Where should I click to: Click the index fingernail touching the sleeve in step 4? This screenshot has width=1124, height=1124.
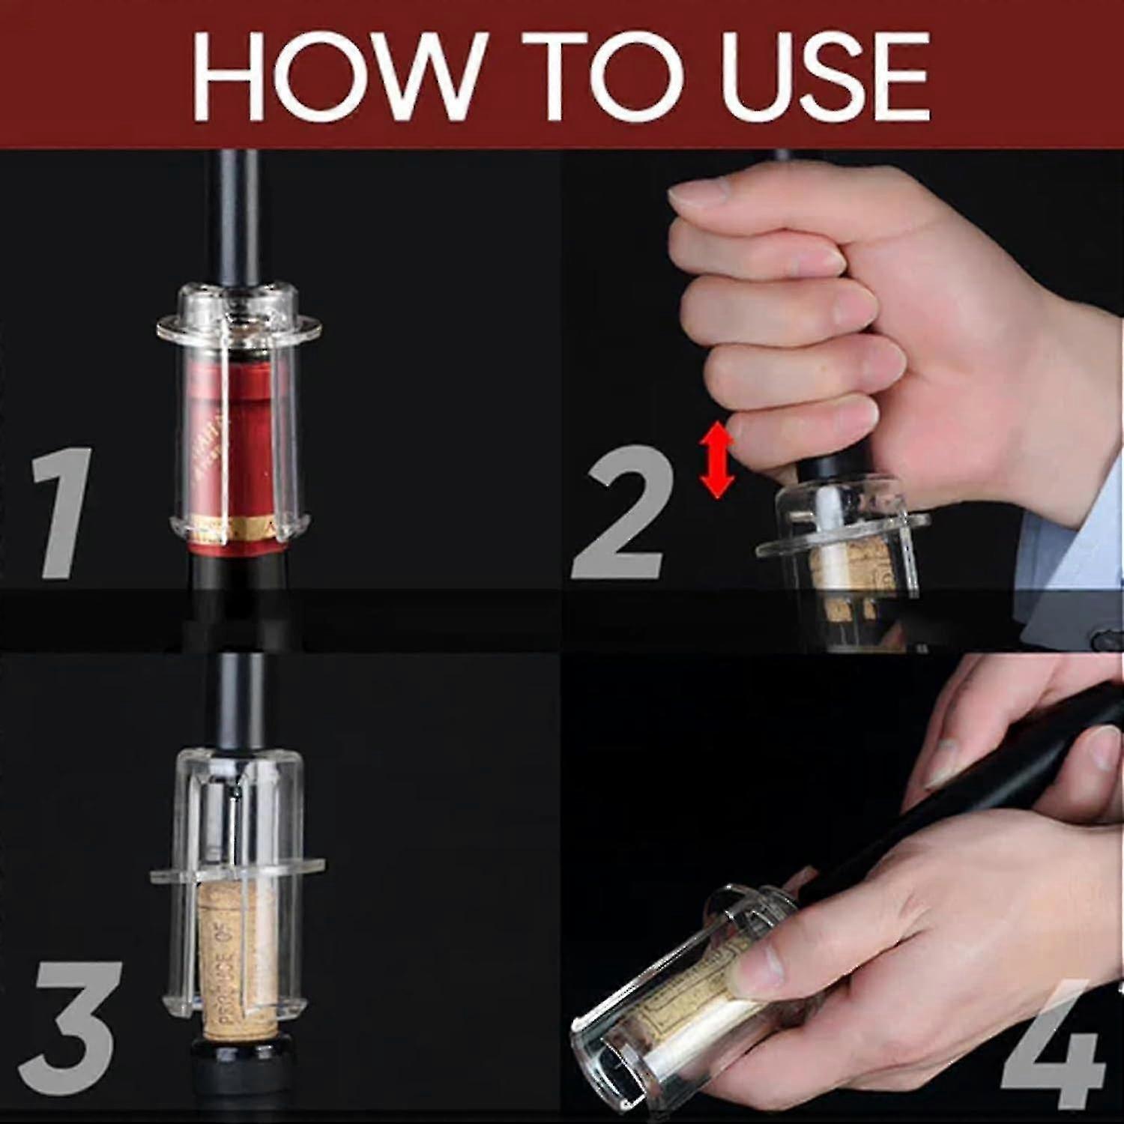point(749,974)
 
